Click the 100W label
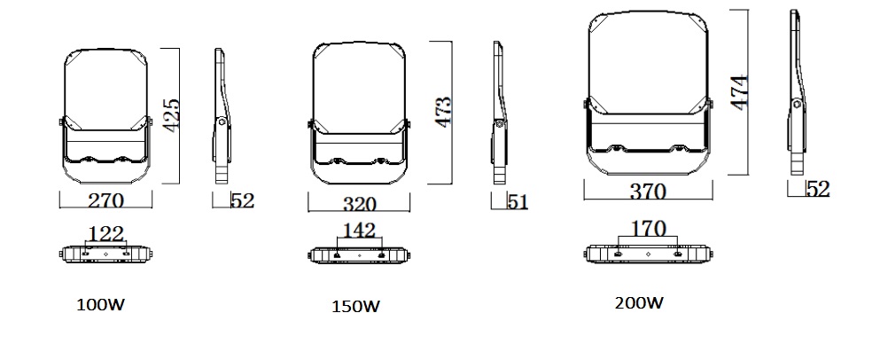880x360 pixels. [x=100, y=305]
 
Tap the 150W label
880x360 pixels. [x=356, y=307]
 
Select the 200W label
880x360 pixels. [x=639, y=303]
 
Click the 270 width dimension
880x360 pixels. [x=106, y=201]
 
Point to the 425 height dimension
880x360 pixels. [x=171, y=115]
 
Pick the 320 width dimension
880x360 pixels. [x=359, y=205]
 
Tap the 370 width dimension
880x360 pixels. [x=648, y=192]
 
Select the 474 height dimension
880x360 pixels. [x=739, y=92]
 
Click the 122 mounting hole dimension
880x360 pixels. [x=106, y=234]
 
